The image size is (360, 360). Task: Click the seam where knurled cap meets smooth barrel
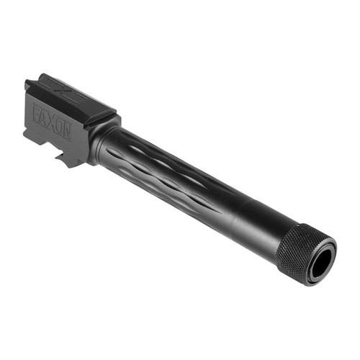coord(281,241)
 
